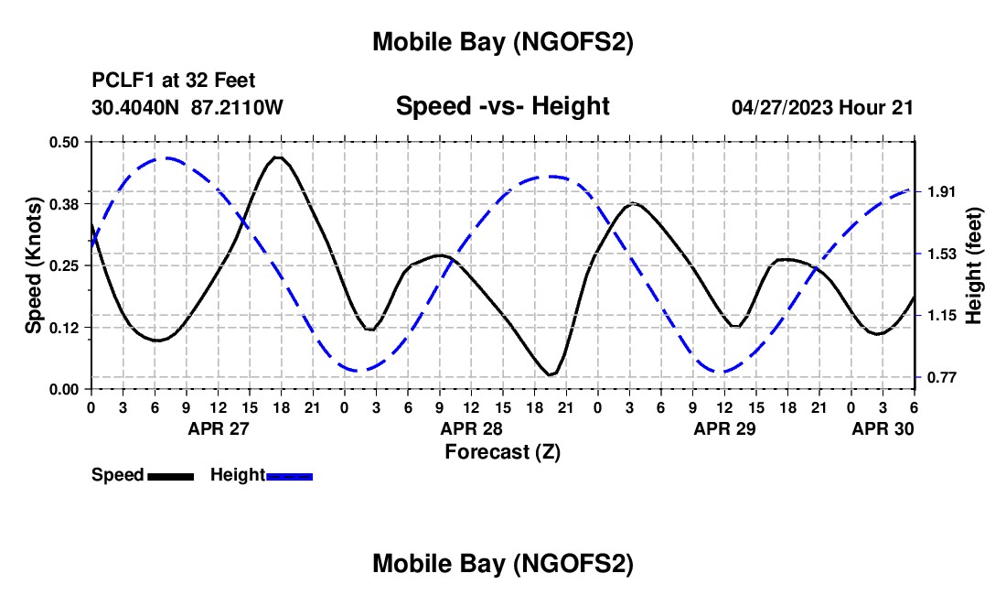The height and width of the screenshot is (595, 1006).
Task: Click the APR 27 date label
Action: click(x=218, y=427)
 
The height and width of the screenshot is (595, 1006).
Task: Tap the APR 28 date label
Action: click(x=471, y=427)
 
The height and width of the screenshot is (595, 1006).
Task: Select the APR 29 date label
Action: click(x=724, y=427)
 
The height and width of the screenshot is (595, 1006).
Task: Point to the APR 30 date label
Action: click(x=883, y=427)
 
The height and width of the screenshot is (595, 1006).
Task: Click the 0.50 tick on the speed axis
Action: click(x=64, y=142)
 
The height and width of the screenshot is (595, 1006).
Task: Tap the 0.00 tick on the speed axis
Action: click(x=64, y=389)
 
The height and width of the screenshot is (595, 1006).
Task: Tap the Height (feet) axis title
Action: click(x=975, y=265)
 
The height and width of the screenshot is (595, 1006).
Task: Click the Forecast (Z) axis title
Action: click(x=502, y=451)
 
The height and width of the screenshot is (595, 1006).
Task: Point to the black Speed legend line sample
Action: click(x=170, y=475)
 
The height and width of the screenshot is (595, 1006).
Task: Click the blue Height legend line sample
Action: click(x=290, y=475)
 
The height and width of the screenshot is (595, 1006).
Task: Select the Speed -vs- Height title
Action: click(x=502, y=106)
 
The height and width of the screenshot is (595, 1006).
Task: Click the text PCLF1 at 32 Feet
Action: click(x=174, y=81)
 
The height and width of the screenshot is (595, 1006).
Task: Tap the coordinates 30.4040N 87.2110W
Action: click(x=187, y=107)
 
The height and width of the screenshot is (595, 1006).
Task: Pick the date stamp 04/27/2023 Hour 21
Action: click(x=822, y=107)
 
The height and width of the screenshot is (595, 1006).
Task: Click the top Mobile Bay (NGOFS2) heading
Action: click(x=502, y=42)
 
